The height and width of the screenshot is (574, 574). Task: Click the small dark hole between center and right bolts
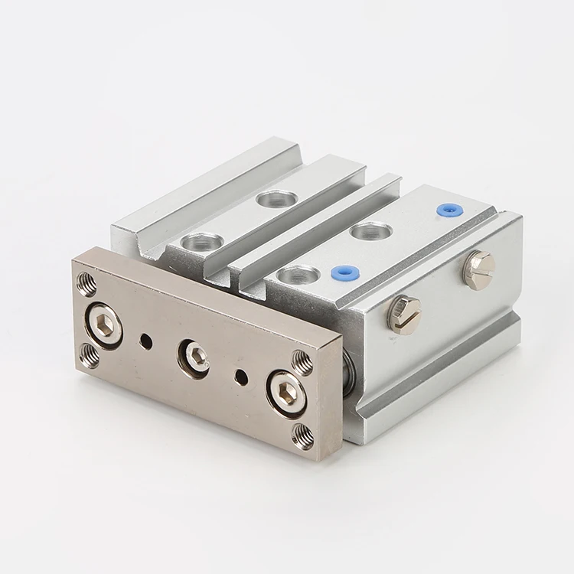[242, 373]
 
